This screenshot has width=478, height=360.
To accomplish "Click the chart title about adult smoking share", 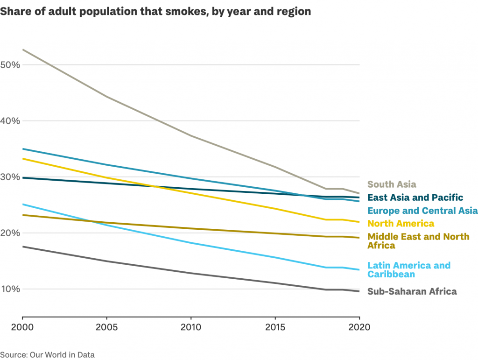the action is point(155,12).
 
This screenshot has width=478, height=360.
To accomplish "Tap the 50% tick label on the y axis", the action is point(10,64).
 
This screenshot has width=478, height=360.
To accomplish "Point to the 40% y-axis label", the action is point(10,121).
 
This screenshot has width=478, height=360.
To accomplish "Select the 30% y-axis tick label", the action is point(10,177).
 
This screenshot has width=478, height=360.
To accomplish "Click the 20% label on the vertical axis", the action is point(10,233).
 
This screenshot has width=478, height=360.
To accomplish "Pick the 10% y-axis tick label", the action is point(10,289).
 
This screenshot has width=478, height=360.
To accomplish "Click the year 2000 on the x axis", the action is point(22,327).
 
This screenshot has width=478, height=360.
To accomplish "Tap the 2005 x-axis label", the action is point(106,327).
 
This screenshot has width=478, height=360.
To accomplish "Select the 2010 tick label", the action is point(191,327).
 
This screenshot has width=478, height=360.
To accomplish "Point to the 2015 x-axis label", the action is point(275,327).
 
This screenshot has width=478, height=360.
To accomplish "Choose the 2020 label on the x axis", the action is point(359,327).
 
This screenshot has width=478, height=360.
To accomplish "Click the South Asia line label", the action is point(392,184).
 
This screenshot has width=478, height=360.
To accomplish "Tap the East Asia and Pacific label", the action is point(415,198).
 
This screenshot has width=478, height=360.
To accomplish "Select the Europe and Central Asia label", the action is point(422,211).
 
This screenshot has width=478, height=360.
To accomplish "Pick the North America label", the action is point(401,224).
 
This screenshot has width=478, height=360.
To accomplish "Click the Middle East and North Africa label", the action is point(418,241).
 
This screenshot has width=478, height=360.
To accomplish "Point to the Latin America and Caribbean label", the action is point(409,270).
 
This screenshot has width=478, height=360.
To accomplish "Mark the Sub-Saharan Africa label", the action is point(412,291).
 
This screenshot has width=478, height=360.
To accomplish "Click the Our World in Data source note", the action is point(47,355).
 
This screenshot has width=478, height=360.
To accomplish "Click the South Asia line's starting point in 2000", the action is point(22,49).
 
